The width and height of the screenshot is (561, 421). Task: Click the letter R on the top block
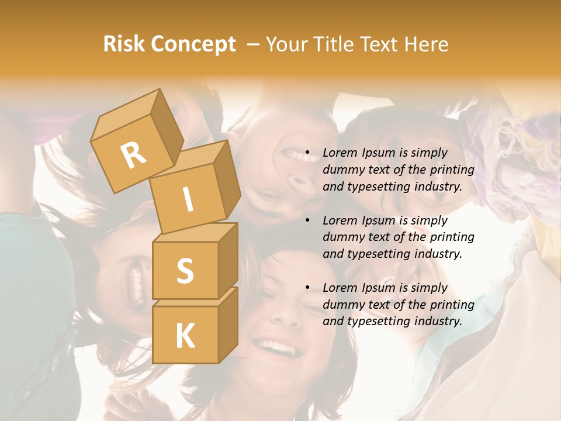coord(133,155)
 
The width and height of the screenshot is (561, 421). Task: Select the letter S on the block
coord(185,271)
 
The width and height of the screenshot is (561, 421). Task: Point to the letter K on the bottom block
coord(185,336)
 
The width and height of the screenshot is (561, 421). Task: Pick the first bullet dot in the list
coord(307,153)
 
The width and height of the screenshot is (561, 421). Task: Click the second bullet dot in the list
coord(307,220)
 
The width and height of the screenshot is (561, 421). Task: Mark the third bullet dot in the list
coord(307,288)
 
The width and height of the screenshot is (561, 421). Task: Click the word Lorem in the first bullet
coord(340,153)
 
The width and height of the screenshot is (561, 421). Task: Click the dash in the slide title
coord(254,44)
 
